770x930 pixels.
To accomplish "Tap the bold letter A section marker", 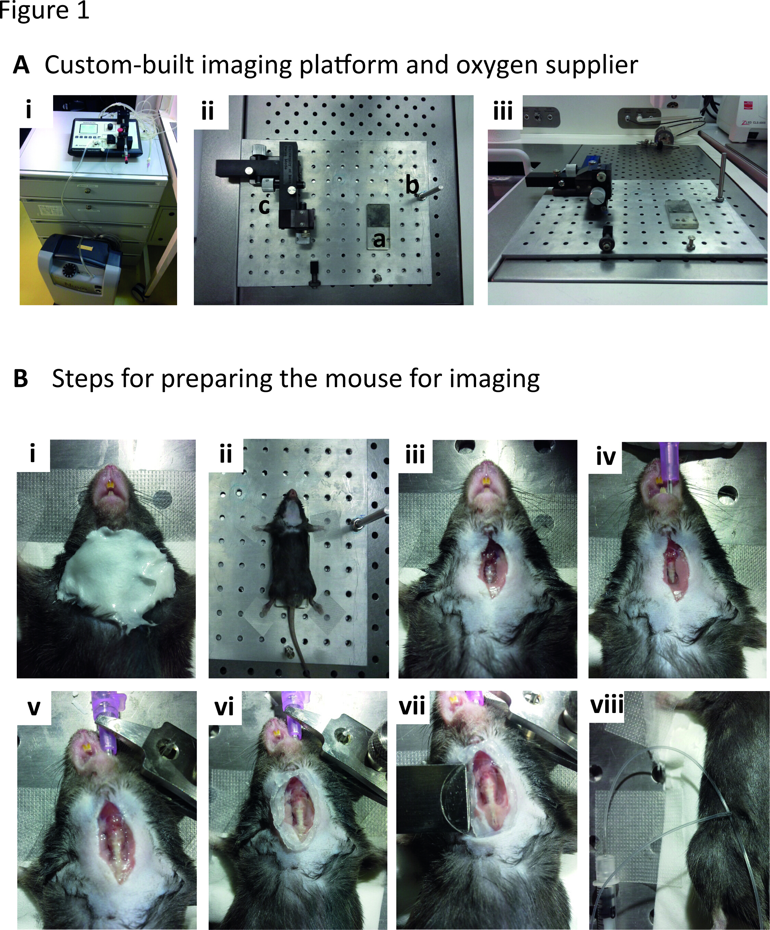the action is pyautogui.click(x=21, y=65).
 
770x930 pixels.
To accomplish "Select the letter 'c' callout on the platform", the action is pyautogui.click(x=264, y=206).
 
